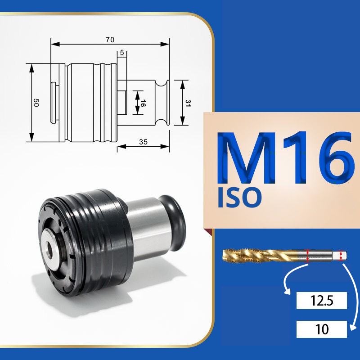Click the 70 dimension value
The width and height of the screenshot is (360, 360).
[x=110, y=40]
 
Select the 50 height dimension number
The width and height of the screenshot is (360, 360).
[x=36, y=103]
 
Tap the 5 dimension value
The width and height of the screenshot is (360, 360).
[x=122, y=53]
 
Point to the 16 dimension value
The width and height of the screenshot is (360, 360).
[x=143, y=103]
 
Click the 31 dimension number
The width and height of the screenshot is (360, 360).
[x=188, y=103]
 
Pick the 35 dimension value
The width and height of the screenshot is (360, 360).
[x=143, y=142]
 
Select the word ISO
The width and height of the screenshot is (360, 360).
[x=239, y=198]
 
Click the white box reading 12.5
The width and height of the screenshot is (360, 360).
[x=321, y=300]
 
